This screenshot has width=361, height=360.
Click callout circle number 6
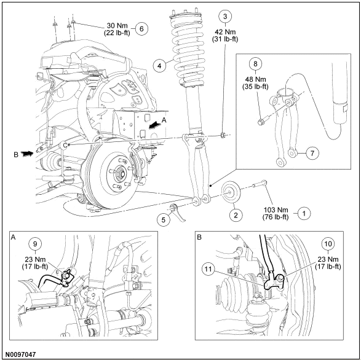point(141,29)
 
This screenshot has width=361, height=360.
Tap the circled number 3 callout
point(225,17)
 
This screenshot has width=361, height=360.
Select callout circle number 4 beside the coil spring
point(159,66)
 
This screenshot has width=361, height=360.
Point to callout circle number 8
point(255,63)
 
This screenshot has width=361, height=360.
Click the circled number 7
point(312,153)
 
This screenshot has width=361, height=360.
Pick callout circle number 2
point(236,215)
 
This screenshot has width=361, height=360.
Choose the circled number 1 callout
point(304,213)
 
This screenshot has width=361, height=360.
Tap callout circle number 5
point(164,220)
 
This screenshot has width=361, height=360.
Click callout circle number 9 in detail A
point(35,244)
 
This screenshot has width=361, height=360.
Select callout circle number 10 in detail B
point(328,244)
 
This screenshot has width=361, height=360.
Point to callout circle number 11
point(208,269)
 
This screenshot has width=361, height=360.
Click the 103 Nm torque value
point(276,209)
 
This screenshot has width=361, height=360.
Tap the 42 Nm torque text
point(225,32)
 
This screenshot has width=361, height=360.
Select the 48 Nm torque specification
point(256,79)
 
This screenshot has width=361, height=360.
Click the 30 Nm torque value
point(117,26)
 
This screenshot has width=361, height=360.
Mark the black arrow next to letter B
point(27,154)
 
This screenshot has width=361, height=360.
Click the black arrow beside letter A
point(154,125)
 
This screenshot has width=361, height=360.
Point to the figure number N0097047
point(21,354)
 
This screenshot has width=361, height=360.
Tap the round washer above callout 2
point(231,192)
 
